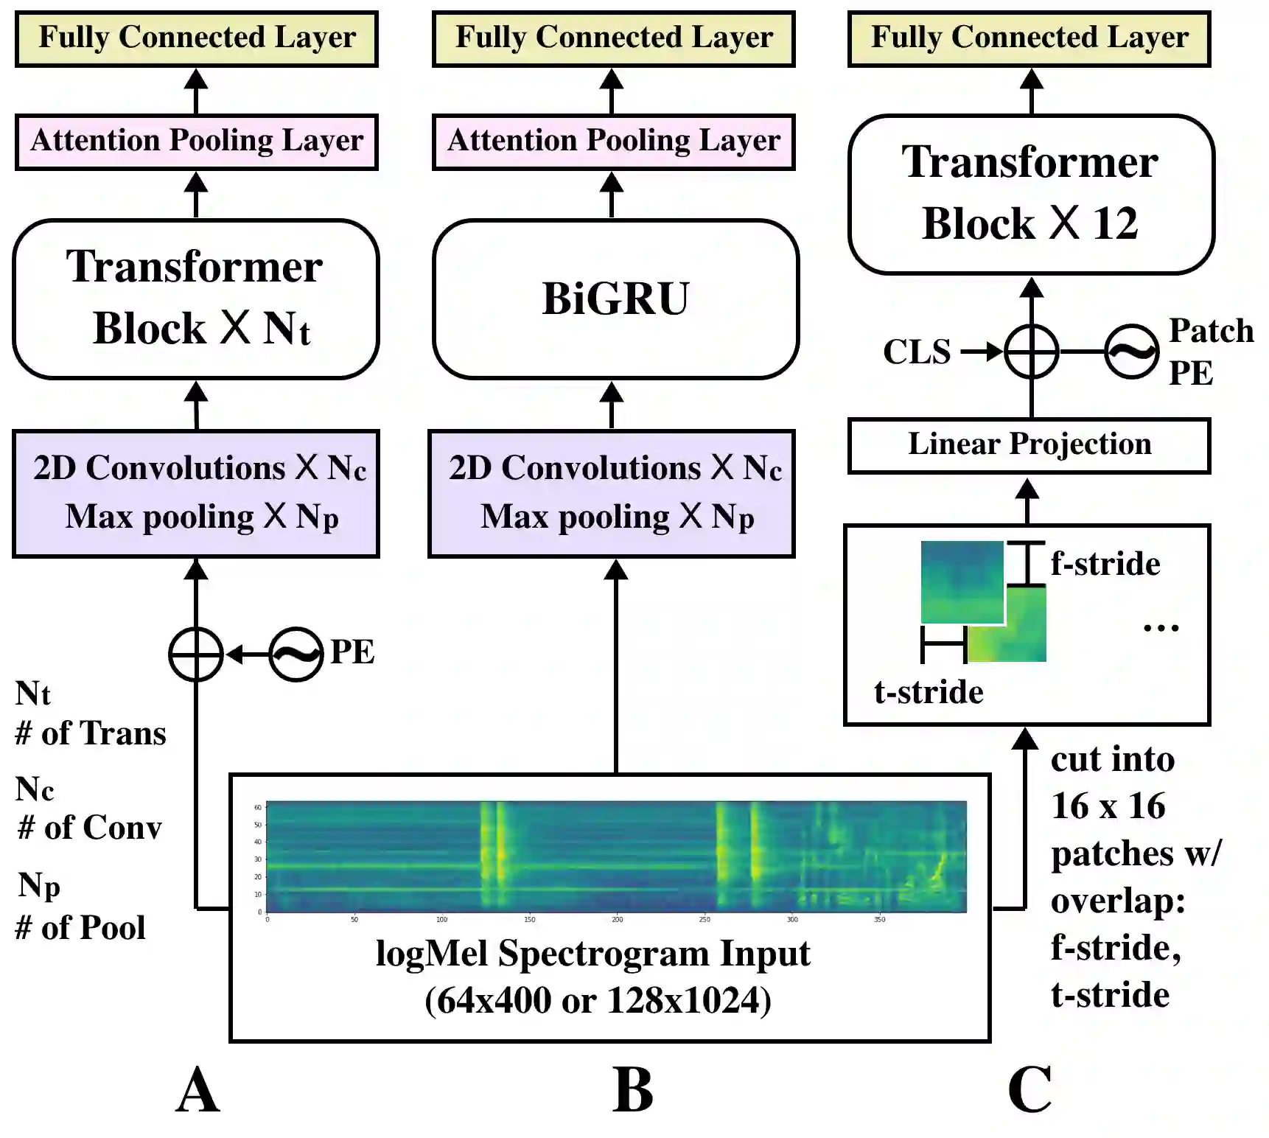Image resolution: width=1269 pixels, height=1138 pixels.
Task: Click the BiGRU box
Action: click(615, 299)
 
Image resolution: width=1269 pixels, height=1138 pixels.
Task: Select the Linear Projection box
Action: click(1029, 445)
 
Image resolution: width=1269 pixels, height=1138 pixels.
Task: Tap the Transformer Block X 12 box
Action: click(1030, 194)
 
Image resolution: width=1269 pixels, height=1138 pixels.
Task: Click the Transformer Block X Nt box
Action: click(196, 299)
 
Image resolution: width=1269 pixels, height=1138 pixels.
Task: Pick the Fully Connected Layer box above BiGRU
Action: click(614, 38)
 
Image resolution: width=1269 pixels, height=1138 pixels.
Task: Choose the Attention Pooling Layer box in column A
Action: click(196, 142)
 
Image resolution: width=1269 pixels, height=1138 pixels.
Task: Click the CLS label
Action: click(916, 352)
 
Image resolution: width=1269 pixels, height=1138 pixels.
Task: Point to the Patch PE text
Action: click(1210, 352)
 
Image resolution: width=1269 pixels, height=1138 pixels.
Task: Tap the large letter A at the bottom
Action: click(197, 1091)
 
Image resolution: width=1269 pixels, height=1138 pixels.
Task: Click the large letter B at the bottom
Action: click(632, 1091)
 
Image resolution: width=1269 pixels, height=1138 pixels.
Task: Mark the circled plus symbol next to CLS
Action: click(1031, 352)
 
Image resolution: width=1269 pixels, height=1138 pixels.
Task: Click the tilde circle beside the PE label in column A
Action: click(296, 654)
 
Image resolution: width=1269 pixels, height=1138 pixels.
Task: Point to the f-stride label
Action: click(1105, 564)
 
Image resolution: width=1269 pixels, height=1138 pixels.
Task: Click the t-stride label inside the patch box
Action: click(928, 692)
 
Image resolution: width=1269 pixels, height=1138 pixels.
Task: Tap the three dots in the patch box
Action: click(1161, 629)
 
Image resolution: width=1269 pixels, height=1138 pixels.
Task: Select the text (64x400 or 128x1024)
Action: click(598, 1001)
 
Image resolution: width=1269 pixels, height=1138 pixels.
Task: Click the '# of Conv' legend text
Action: click(90, 828)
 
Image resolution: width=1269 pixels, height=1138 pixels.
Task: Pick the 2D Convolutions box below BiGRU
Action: click(612, 493)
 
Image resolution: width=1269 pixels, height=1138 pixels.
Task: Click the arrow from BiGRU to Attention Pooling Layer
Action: click(612, 195)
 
